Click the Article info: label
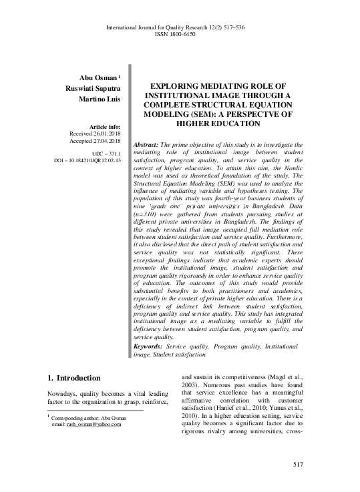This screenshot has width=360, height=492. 102,126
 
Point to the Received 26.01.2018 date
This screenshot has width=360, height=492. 94,134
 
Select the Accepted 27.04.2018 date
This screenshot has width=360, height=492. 94,141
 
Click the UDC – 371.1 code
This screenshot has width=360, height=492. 105,154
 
